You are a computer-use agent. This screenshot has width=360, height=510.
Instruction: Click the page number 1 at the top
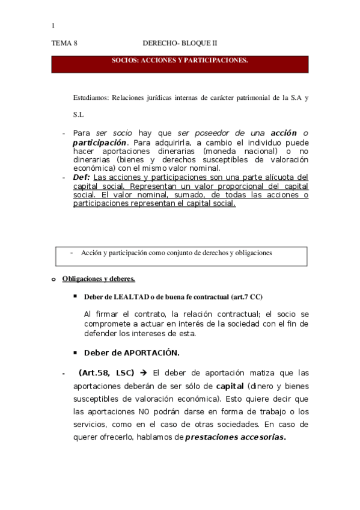(53, 25)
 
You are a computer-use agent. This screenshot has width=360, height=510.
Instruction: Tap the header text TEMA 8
(64, 43)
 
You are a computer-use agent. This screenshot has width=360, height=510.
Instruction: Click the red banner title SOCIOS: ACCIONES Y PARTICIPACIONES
(180, 61)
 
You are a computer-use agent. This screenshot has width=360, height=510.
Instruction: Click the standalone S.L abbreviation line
(78, 114)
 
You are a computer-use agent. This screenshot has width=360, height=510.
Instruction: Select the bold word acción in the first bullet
(284, 132)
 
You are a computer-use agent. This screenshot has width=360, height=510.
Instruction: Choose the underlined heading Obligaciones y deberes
(99, 278)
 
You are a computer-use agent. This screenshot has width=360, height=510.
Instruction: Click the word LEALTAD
(132, 297)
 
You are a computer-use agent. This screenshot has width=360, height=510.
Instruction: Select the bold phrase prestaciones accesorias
(236, 437)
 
